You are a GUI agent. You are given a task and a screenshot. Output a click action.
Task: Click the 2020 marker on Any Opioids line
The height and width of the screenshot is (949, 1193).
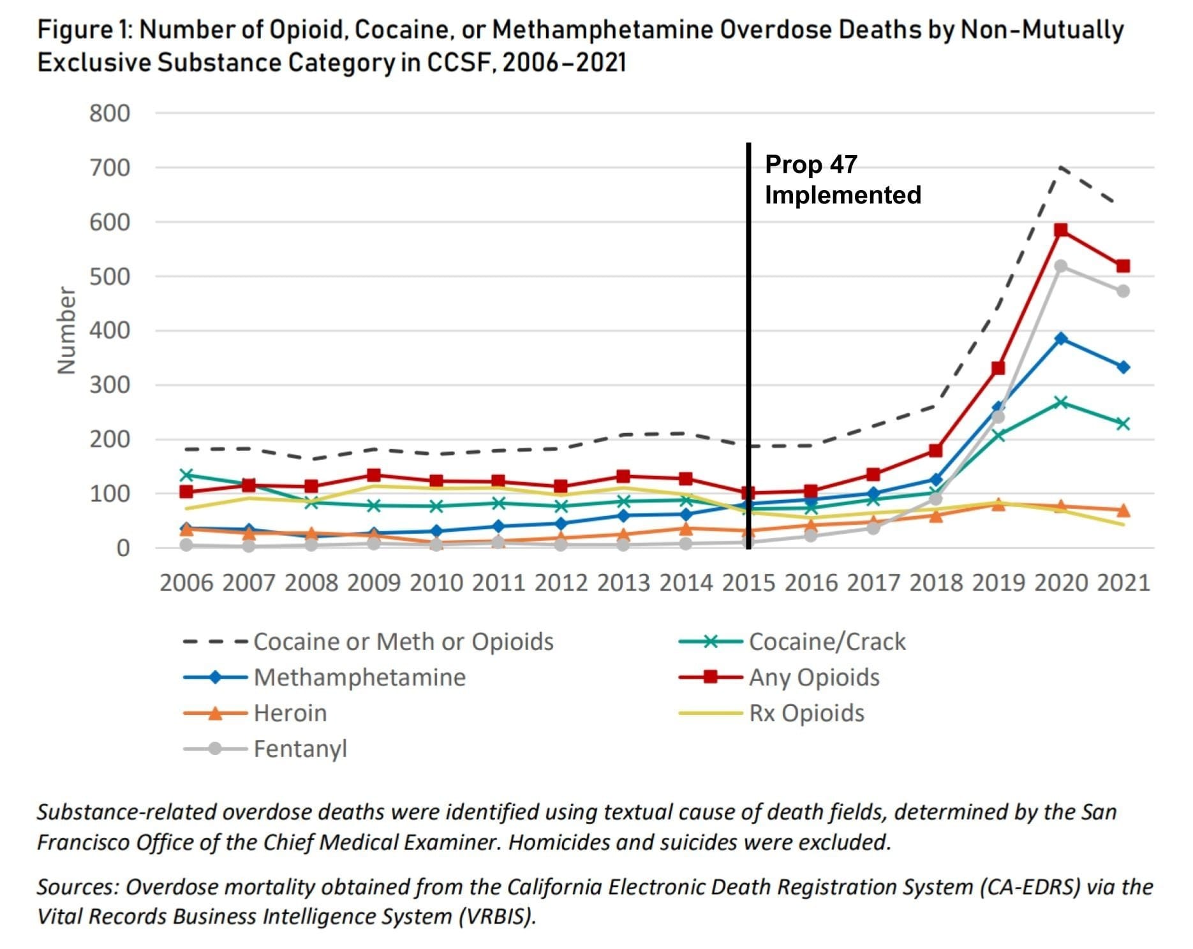pos(1061,230)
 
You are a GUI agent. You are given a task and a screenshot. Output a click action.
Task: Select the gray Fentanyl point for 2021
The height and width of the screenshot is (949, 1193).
pos(1123,291)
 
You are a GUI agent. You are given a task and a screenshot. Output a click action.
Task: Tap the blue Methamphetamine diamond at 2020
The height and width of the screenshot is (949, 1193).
pos(1061,339)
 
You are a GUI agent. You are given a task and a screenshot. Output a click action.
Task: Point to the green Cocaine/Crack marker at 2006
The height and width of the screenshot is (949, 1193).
pos(186,475)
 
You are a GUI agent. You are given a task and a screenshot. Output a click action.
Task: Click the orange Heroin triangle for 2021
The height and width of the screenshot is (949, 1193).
pos(1123,510)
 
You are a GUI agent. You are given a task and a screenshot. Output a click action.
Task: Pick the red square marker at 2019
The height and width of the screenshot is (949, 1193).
pos(998,368)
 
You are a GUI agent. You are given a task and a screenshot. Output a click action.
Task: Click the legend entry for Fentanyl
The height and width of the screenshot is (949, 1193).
pos(300,749)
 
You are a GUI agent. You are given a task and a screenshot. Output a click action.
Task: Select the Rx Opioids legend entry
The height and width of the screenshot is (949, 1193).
pos(806,713)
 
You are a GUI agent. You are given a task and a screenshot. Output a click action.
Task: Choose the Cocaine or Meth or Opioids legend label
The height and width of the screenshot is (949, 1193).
pos(403,642)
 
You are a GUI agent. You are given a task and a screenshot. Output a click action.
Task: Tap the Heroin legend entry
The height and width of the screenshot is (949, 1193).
pos(290,713)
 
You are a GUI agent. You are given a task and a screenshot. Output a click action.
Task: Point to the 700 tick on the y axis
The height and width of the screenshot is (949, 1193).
pos(110,168)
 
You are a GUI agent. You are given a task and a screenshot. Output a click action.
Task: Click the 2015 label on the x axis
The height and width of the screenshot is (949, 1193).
pos(748,583)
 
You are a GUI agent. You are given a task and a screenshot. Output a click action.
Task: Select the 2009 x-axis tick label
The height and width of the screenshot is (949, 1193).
pos(374,583)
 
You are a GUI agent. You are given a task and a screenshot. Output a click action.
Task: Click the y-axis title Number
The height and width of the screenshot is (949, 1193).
pos(66,330)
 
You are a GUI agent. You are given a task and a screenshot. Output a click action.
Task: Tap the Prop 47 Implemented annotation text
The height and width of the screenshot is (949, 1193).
pos(842,180)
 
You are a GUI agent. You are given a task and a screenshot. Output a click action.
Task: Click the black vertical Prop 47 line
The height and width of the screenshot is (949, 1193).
pos(748,319)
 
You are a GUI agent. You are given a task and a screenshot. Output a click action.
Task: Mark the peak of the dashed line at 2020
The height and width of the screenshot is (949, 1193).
pos(1060,167)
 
